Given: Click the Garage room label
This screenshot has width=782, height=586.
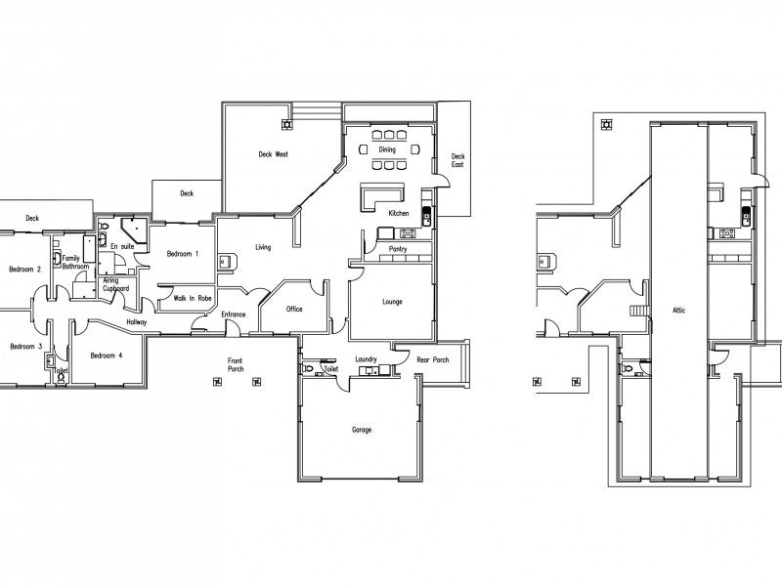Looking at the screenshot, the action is (x=362, y=430).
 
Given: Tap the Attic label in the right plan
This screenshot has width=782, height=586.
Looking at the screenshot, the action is (x=678, y=310).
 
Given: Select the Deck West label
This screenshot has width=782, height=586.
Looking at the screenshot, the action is (x=274, y=154).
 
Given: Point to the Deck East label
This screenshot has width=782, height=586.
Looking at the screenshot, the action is (x=457, y=160).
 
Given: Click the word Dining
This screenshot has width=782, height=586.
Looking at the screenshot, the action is (x=387, y=149).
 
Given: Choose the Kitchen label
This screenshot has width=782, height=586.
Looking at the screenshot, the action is (x=399, y=213).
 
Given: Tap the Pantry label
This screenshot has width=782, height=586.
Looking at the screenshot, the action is (x=398, y=249).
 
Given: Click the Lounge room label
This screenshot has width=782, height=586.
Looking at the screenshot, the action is (x=393, y=302).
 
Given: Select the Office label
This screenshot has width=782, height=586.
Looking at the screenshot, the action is (x=294, y=309).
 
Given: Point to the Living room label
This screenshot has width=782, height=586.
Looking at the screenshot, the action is (x=263, y=247).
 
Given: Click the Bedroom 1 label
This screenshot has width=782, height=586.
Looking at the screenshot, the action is (x=183, y=254).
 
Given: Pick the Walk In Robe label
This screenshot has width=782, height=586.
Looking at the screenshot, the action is (x=193, y=299).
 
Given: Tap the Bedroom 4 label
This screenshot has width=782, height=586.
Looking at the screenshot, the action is (x=107, y=356).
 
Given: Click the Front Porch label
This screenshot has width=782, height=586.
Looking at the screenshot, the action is (x=236, y=364).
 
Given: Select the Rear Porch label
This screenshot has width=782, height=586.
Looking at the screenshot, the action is (x=433, y=359).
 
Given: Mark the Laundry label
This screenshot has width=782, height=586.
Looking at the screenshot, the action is (x=366, y=359).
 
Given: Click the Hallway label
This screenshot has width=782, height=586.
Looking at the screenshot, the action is (x=137, y=322).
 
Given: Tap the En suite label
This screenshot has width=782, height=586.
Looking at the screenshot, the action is (x=122, y=247).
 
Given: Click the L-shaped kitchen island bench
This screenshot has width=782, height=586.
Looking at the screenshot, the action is (x=381, y=196).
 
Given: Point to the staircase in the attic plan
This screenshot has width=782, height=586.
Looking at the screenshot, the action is (x=639, y=311).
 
